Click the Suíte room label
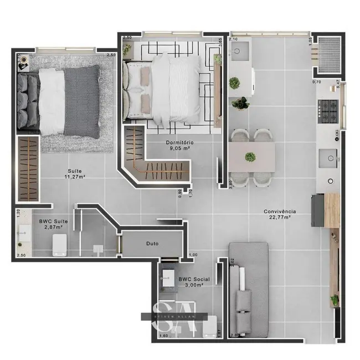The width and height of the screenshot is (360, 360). coord(76,170)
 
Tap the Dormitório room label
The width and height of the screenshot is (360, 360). coord(180,142)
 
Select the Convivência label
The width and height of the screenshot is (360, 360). coord(280,211)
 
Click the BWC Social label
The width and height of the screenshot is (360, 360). coord(194,280)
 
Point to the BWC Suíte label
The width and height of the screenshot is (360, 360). coord(50,220)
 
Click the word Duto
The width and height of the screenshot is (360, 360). coord(153,243)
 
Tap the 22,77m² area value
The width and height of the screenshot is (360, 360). coord(280,218)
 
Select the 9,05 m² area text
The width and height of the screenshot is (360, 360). coord(180,148)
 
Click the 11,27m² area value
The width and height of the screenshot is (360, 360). coord(77,177)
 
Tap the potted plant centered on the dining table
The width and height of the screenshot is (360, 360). coord(251,156)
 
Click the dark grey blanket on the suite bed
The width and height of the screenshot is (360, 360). coord(82,101)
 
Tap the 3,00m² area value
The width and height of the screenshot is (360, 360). coord(194,286)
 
